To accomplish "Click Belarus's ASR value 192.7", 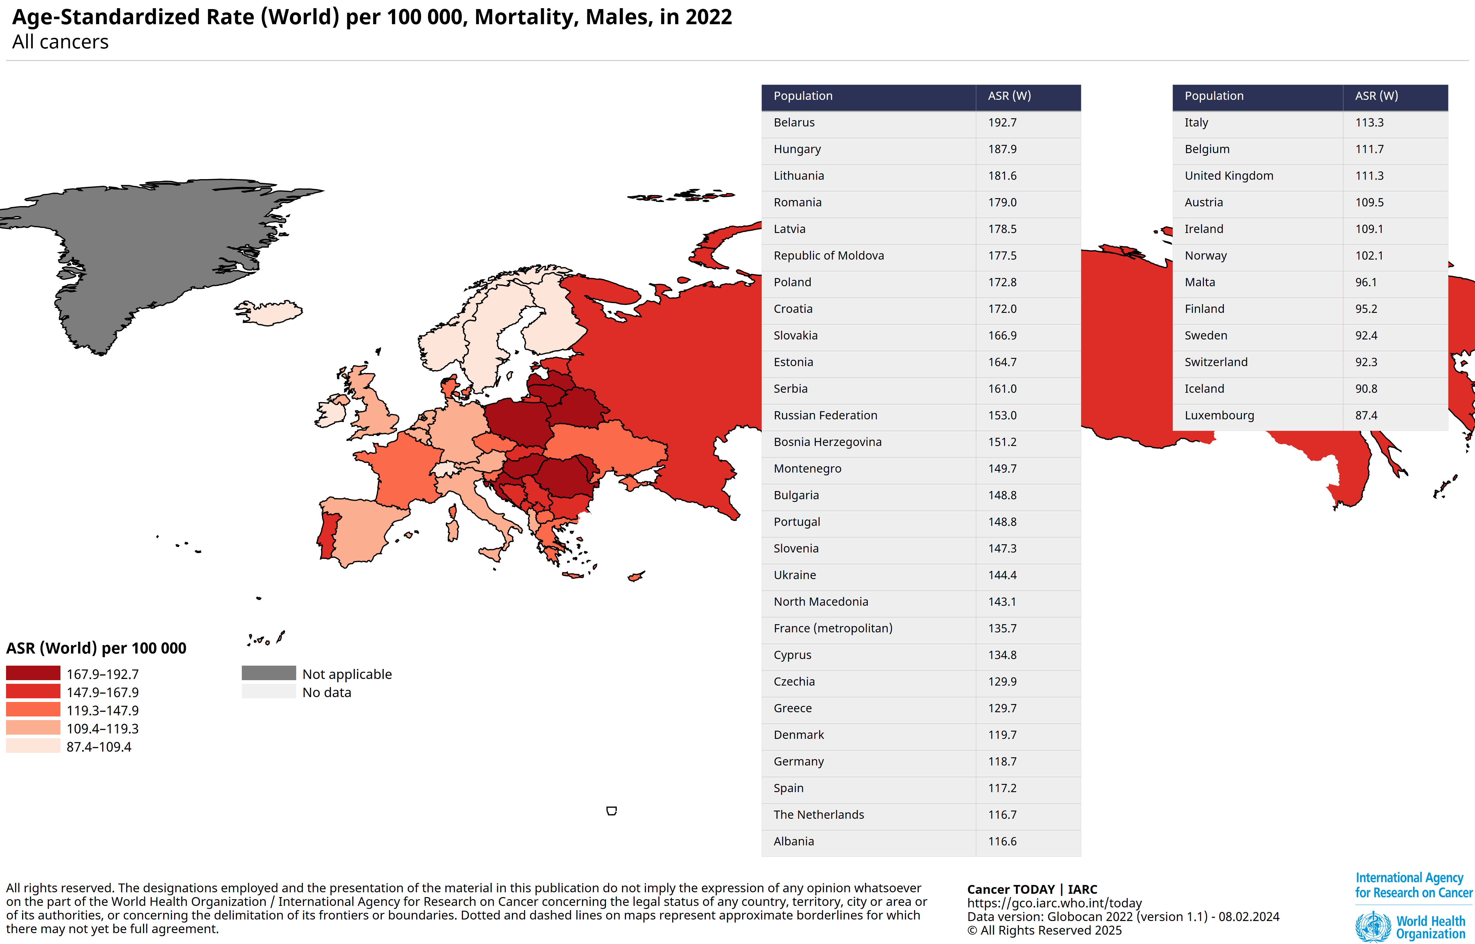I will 1002,123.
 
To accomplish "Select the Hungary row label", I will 797,149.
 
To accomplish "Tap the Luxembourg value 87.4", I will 1366,416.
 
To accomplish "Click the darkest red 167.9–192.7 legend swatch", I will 33,673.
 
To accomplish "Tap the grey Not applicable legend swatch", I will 268,673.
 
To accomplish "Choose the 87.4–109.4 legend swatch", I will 33,746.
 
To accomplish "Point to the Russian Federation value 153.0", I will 1002,416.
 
